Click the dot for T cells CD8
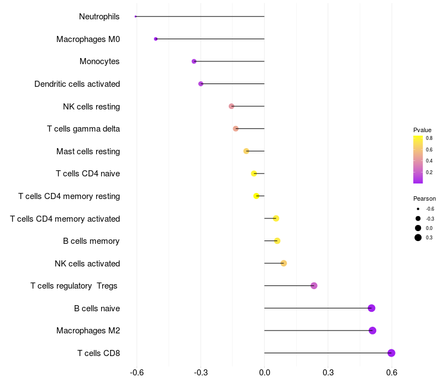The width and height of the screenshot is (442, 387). (x=391, y=353)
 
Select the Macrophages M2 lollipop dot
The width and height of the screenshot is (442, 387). (x=372, y=331)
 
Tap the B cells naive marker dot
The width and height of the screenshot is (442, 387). (x=371, y=308)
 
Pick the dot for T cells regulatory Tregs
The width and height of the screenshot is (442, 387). (x=314, y=286)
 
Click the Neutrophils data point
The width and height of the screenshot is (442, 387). (x=135, y=17)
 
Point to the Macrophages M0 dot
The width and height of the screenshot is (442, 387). (x=156, y=39)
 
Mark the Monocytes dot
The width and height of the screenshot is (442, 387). (x=194, y=61)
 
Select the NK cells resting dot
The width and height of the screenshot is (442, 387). (x=231, y=106)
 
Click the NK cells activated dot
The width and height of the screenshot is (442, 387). (x=283, y=263)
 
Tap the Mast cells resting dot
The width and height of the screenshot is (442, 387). (x=246, y=151)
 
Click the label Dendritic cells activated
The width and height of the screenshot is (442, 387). (x=77, y=84)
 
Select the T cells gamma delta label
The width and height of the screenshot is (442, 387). (x=83, y=129)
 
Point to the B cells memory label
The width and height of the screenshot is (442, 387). (x=92, y=241)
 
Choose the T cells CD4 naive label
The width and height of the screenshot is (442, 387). (x=88, y=174)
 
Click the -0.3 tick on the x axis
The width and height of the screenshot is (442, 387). (x=201, y=373)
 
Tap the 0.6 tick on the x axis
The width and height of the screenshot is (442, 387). (x=392, y=373)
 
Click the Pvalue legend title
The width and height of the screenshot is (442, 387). (x=422, y=130)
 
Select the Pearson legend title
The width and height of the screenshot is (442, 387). (x=424, y=198)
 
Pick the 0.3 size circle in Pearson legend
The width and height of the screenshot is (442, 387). (x=418, y=238)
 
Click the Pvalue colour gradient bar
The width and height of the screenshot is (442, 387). (x=418, y=159)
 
